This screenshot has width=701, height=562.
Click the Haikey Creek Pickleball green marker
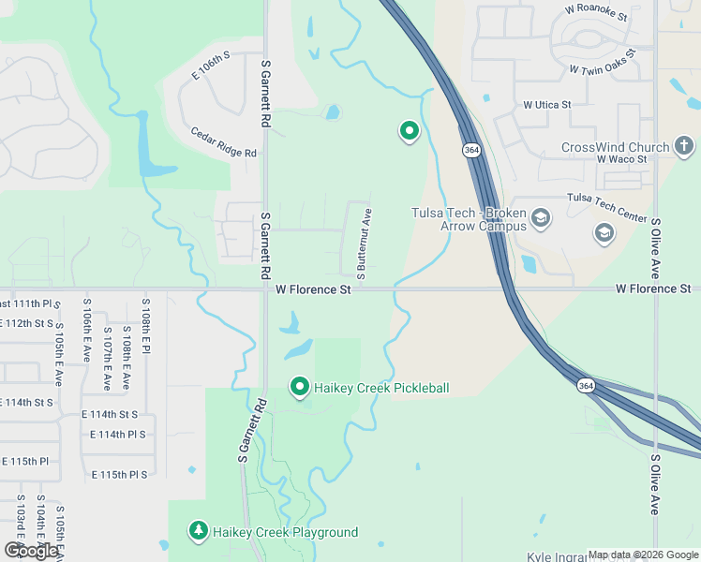(x=300, y=386)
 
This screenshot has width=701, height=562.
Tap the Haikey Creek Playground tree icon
(x=198, y=531)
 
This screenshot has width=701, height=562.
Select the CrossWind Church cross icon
(x=684, y=146)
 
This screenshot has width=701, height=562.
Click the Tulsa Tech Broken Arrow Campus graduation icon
(x=540, y=218)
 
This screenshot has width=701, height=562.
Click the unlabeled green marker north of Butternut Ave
(x=409, y=131)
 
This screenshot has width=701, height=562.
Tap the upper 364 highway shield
(x=470, y=149)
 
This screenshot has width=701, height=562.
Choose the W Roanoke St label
(x=601, y=10)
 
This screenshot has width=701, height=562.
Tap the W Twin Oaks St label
(x=608, y=70)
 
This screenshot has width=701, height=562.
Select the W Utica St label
(x=546, y=104)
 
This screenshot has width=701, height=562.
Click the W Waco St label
(x=621, y=159)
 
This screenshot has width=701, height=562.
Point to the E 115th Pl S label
(x=120, y=475)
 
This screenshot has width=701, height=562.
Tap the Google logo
(x=30, y=551)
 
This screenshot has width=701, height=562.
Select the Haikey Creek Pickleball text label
(x=381, y=388)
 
